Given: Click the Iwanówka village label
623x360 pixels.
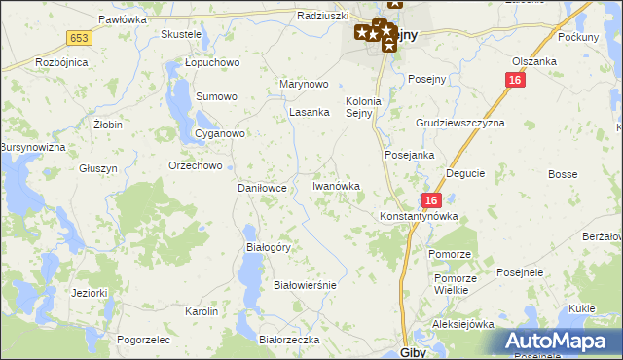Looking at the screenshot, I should click(x=336, y=186).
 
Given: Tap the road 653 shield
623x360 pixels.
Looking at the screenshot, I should click(x=80, y=37).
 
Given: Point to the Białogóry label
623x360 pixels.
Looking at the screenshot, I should click(x=269, y=247).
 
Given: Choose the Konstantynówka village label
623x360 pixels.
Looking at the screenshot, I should click(x=418, y=216).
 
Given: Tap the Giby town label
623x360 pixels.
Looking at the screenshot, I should click(x=413, y=352).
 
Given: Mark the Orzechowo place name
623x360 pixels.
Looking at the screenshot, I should click(x=196, y=165).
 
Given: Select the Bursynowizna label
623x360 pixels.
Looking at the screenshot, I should click(x=32, y=147).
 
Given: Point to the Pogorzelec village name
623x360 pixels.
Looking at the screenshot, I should click(x=143, y=340).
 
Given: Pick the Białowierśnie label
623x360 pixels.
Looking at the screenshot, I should click(x=305, y=285).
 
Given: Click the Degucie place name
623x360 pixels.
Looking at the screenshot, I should click(x=465, y=173).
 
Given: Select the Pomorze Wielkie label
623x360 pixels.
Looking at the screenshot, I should click(x=456, y=284).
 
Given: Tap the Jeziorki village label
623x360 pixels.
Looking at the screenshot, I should click(x=89, y=292).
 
